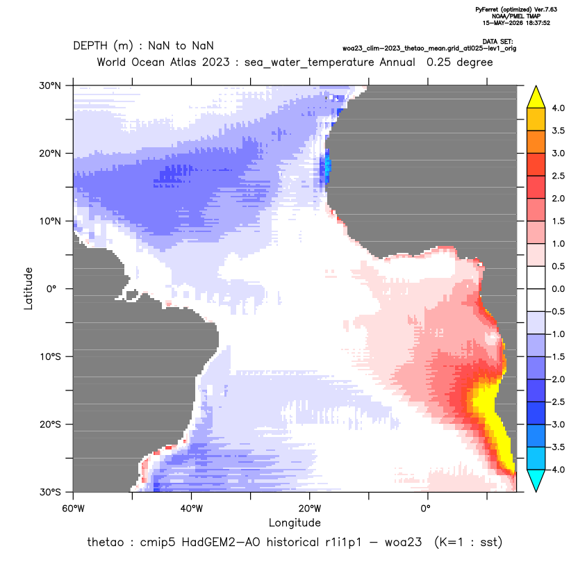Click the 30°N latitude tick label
(50, 85)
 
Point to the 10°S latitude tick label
(50, 357)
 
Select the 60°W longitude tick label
(74, 509)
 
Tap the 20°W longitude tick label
(310, 509)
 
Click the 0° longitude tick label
(426, 509)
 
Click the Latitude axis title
(28, 288)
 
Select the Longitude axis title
(295, 522)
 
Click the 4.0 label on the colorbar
(558, 108)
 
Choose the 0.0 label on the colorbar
(558, 289)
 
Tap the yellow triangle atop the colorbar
(536, 97)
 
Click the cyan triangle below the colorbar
(536, 481)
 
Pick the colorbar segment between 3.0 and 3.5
(536, 142)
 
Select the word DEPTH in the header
(90, 46)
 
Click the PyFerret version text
(516, 10)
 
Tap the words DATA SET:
(497, 42)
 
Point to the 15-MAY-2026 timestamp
(516, 23)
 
